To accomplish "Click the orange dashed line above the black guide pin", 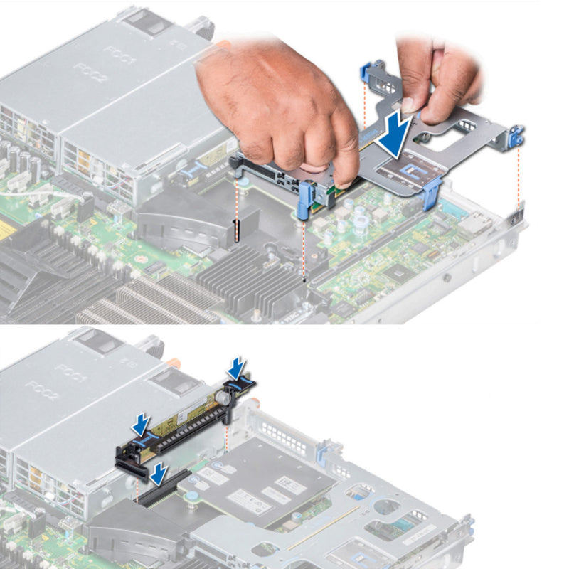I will [236, 199].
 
